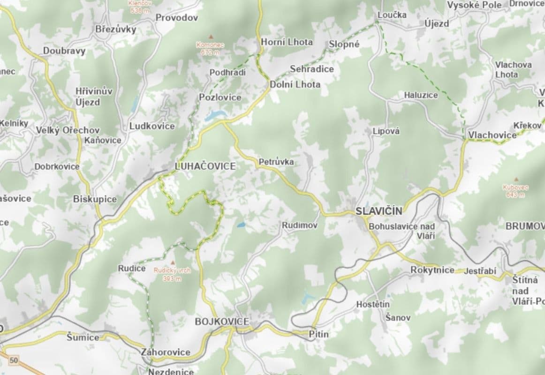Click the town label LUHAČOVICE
[x=205, y=166]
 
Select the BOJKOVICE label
[x=221, y=322]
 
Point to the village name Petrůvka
[x=276, y=162]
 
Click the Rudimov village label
[x=299, y=225]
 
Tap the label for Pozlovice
[x=220, y=97]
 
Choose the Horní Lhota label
[x=287, y=42]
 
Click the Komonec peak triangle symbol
[x=210, y=37]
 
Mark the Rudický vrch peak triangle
[x=172, y=262]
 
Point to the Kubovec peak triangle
[x=516, y=180]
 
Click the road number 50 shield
[x=14, y=360]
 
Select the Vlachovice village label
[x=492, y=135]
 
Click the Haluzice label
[x=421, y=95]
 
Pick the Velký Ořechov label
[x=68, y=130]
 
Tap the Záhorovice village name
[x=166, y=352]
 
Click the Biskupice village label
[x=95, y=199]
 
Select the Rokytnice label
[x=432, y=270]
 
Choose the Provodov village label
[x=177, y=18]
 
